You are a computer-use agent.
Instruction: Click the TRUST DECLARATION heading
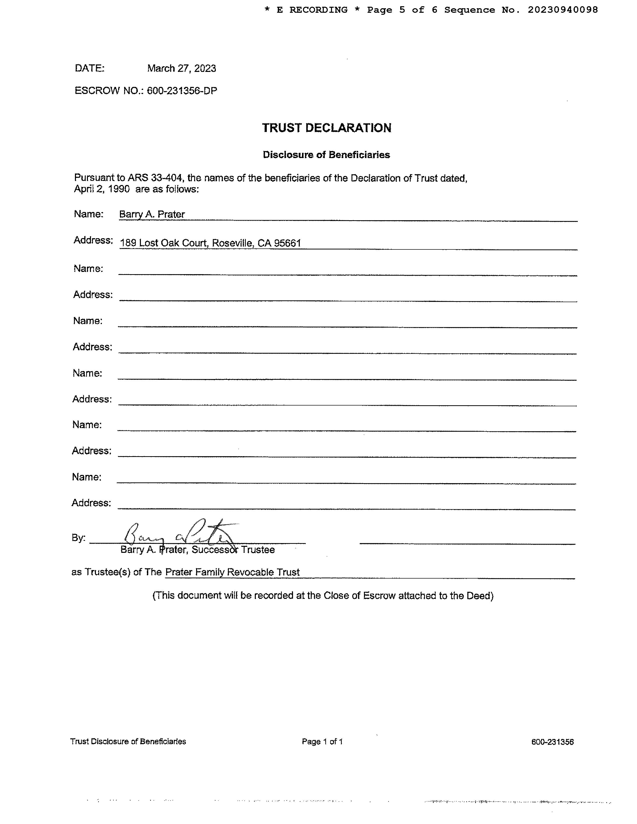click(326, 128)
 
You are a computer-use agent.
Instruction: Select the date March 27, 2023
click(182, 68)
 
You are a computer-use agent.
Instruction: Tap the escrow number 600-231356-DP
click(182, 91)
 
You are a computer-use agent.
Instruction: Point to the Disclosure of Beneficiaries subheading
click(326, 155)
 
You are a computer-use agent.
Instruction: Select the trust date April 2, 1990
click(102, 189)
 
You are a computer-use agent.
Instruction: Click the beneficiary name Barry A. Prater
click(152, 214)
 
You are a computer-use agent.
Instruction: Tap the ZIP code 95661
click(288, 243)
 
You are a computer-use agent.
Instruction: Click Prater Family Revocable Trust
click(233, 572)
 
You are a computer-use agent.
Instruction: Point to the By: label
click(78, 538)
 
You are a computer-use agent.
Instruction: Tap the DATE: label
click(89, 68)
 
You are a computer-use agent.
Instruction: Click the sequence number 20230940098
click(563, 10)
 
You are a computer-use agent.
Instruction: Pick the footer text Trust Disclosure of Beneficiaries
click(128, 741)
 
